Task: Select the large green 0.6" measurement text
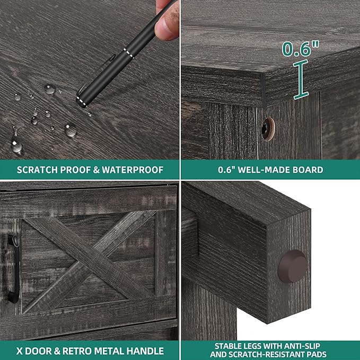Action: (300, 49)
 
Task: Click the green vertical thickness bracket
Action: (301, 80)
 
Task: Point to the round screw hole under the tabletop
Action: (268, 129)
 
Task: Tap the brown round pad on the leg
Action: (293, 266)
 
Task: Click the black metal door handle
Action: (14, 268)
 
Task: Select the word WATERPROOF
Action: (133, 170)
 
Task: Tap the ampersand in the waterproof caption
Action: (96, 170)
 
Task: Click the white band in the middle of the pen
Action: (128, 53)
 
